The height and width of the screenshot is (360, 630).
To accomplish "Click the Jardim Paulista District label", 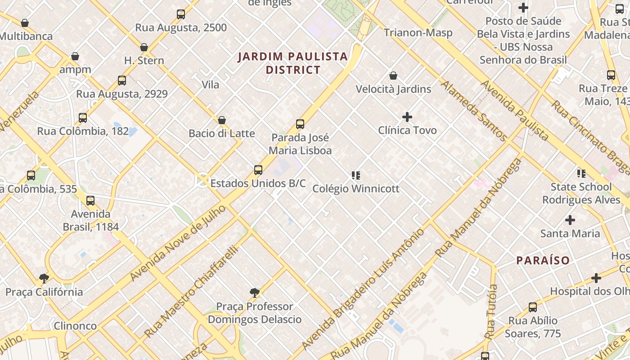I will [293, 63].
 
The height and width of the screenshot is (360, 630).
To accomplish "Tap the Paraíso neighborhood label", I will [543, 260].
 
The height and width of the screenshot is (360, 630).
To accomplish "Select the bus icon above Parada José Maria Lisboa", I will [300, 124].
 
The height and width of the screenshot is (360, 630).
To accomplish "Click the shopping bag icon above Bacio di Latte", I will [221, 120].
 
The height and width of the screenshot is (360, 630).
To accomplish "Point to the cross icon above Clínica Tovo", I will [407, 117].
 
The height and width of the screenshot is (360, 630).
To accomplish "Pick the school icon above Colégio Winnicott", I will [356, 175].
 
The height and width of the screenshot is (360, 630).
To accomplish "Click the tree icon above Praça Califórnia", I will [44, 279].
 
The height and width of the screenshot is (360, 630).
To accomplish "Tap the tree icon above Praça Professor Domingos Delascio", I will [255, 293].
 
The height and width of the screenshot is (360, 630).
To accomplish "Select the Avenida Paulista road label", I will [515, 111].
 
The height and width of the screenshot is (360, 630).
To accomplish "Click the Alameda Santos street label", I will [474, 110].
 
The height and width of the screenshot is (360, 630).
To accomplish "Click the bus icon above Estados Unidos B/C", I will [258, 170].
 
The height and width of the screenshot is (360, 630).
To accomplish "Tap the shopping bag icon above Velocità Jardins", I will [393, 76].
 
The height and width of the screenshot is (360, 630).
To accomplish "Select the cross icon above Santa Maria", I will [570, 220].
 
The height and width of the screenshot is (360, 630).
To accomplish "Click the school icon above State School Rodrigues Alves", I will [581, 173].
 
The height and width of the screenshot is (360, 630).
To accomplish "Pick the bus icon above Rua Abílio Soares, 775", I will [533, 307].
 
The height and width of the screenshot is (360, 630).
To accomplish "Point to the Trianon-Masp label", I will [418, 33].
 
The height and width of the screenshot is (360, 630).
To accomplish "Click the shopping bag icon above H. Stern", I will [144, 47].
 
